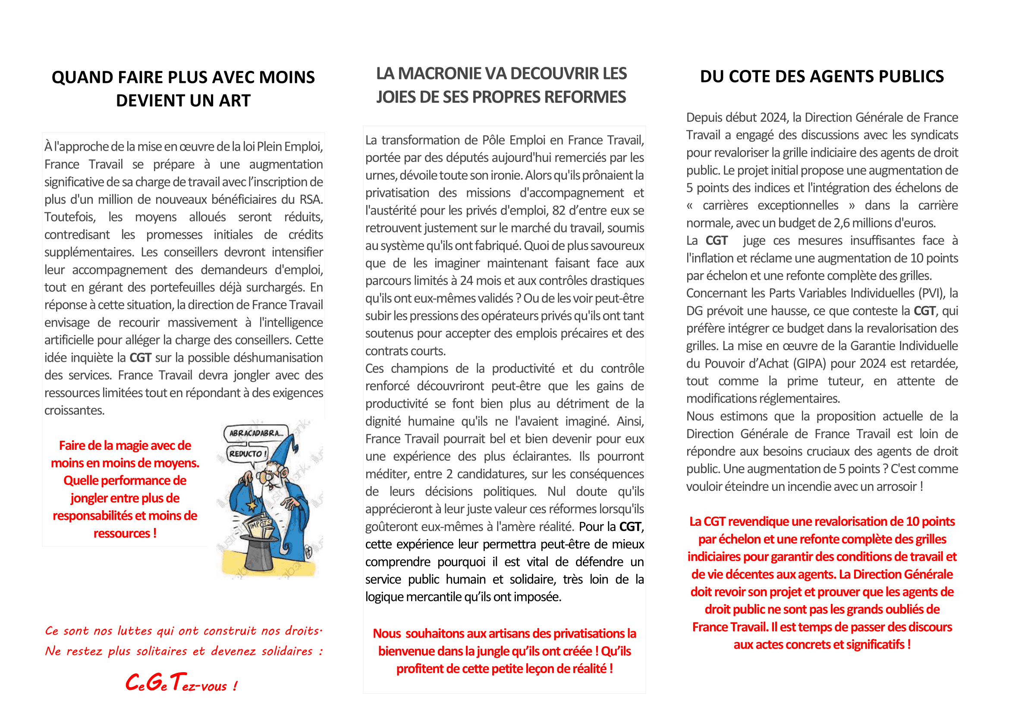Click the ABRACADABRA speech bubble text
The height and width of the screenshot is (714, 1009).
(x=256, y=433)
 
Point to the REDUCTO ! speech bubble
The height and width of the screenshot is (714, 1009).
(x=248, y=454)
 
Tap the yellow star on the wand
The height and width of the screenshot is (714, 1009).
(x=252, y=505)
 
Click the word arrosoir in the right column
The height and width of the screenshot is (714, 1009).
(x=895, y=487)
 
